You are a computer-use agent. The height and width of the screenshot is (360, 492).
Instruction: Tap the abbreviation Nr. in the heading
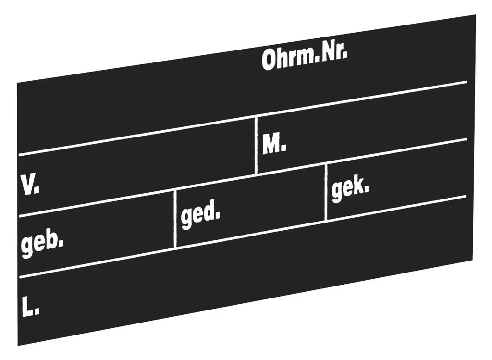tap(334, 54)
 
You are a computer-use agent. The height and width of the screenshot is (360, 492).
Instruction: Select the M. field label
tap(274, 144)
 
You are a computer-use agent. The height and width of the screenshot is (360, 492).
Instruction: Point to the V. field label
tap(30, 185)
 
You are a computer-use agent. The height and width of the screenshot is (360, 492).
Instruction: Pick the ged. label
tap(200, 213)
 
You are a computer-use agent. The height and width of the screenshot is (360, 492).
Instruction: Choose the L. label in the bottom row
tap(31, 306)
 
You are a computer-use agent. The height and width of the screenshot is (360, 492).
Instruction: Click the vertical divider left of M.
tap(257, 145)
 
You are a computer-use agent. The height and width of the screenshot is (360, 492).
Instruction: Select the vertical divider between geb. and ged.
tap(175, 218)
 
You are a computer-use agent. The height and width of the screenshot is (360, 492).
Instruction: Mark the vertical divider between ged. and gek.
tap(326, 192)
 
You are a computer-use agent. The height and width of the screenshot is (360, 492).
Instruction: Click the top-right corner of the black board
tap(476, 15)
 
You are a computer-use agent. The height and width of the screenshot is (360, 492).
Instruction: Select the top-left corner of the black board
tap(17, 83)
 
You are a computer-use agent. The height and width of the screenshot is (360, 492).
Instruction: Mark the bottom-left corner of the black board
tap(18, 346)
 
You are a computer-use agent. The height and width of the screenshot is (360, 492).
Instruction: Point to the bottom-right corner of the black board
tap(472, 260)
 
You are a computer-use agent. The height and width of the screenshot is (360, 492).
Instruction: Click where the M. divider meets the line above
tap(257, 117)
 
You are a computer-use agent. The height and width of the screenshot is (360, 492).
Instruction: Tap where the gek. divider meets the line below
tap(326, 220)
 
